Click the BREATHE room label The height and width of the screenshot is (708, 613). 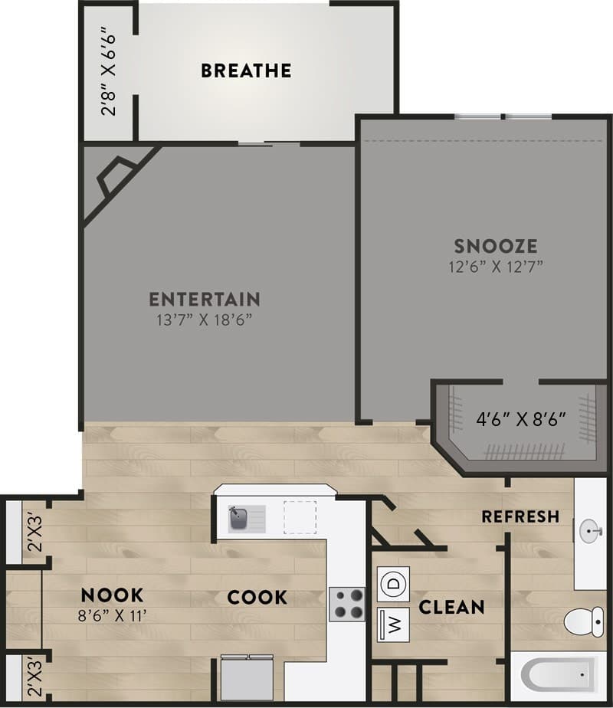click(246, 71)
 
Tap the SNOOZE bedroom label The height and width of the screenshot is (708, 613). click(495, 247)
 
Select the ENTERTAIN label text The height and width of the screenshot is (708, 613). click(205, 299)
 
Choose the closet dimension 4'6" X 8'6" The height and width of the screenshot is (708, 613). click(521, 419)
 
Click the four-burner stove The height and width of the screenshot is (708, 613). click(347, 603)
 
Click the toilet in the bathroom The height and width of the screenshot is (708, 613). click(585, 620)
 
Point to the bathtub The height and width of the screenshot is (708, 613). click(559, 675)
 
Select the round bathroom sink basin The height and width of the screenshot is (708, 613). click(588, 530)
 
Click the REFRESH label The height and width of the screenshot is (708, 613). click(520, 516)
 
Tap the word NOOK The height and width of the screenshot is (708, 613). click(113, 595)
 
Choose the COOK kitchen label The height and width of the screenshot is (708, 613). click(257, 597)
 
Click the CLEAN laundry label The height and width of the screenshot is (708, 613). click(451, 608)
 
